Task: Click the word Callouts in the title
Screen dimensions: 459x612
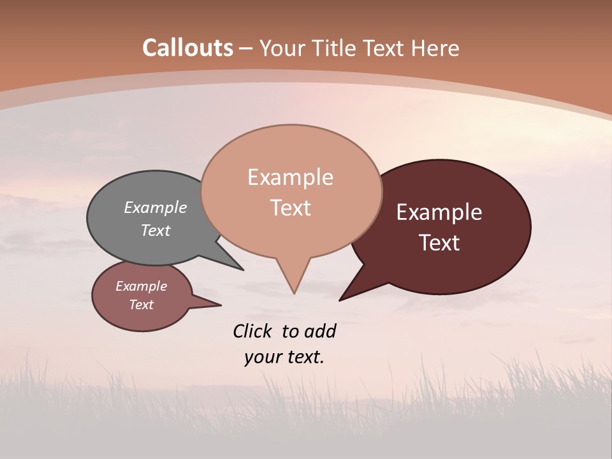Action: tap(187, 48)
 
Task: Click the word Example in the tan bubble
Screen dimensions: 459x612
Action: tap(290, 177)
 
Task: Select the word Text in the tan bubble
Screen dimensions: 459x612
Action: tap(291, 208)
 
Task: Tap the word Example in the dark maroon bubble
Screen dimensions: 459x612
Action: tap(439, 212)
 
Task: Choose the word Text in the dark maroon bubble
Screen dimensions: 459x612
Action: tap(440, 243)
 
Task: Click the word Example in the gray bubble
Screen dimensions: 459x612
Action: tap(156, 208)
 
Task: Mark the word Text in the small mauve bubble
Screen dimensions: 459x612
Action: tap(142, 305)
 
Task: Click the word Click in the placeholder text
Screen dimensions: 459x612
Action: tap(252, 331)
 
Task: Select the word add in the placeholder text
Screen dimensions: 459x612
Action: tap(320, 331)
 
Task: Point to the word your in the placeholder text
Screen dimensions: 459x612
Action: tap(261, 357)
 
